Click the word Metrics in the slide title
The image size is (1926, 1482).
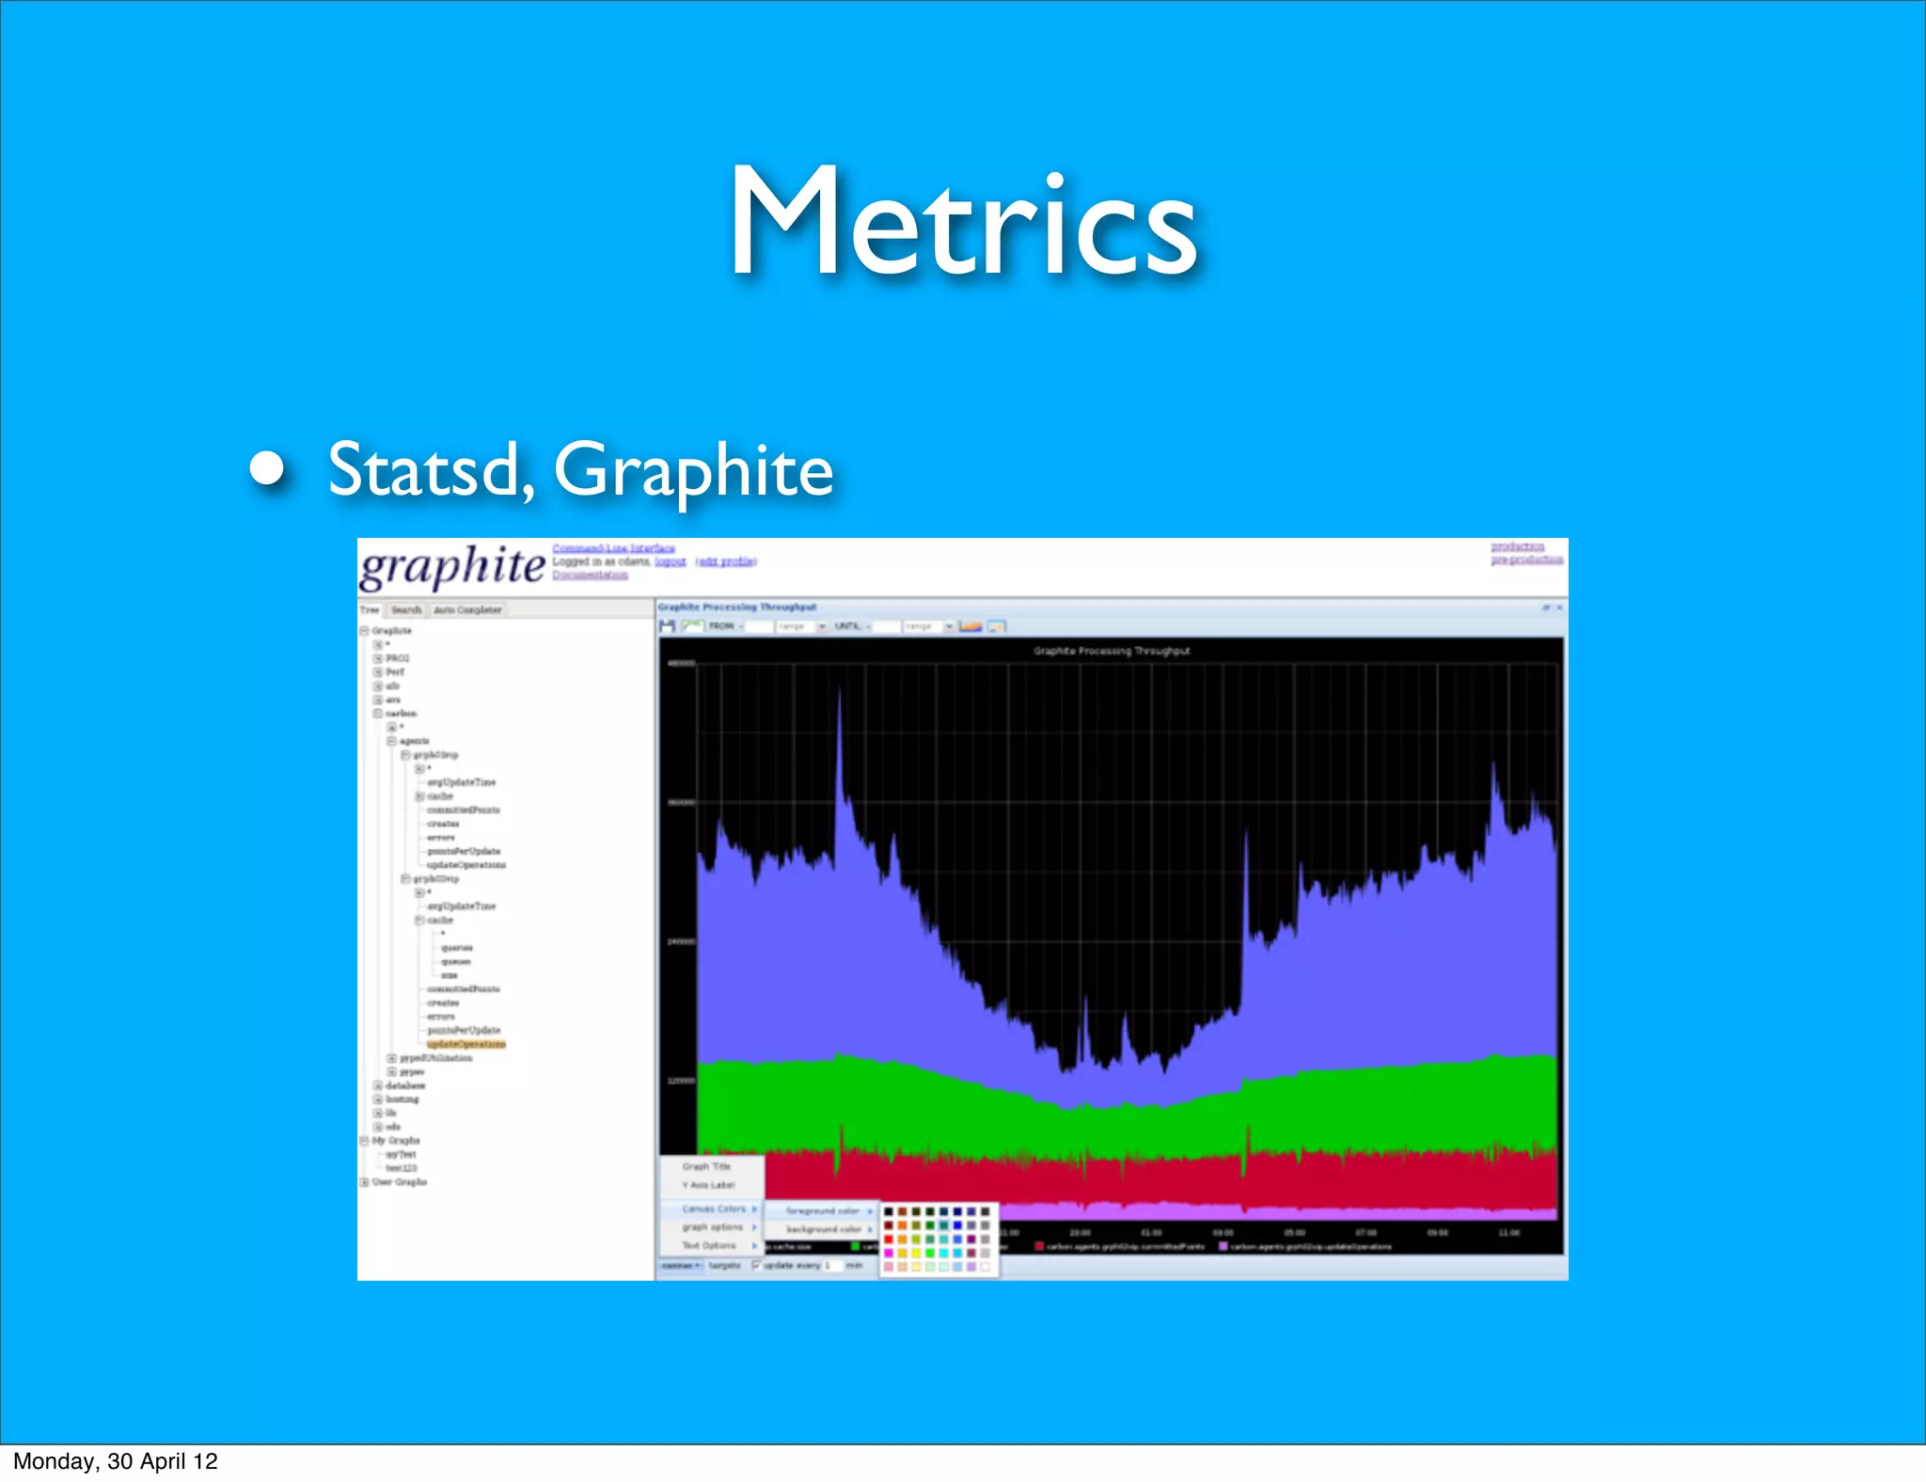(x=963, y=224)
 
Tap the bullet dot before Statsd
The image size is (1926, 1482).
(x=268, y=467)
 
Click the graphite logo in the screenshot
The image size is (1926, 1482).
(x=452, y=566)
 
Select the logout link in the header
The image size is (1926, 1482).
(x=671, y=561)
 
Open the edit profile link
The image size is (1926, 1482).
(x=726, y=561)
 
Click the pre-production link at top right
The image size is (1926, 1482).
(x=1526, y=560)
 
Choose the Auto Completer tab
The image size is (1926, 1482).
(x=467, y=610)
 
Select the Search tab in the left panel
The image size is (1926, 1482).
(x=406, y=610)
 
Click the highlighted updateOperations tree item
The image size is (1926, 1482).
(x=466, y=1044)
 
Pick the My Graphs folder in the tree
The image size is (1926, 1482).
(x=395, y=1141)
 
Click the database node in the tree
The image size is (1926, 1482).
(x=404, y=1085)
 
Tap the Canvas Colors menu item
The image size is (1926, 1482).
(x=714, y=1208)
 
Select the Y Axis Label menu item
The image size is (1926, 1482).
(x=708, y=1185)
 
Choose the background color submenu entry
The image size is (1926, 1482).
(x=824, y=1229)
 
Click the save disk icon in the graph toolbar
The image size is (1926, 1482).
(x=668, y=626)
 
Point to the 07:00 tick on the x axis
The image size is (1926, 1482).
(x=1366, y=1232)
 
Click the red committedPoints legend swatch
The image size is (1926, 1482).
(x=1039, y=1247)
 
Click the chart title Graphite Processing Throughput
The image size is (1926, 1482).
(x=1112, y=651)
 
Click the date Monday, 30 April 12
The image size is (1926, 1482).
(x=115, y=1461)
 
